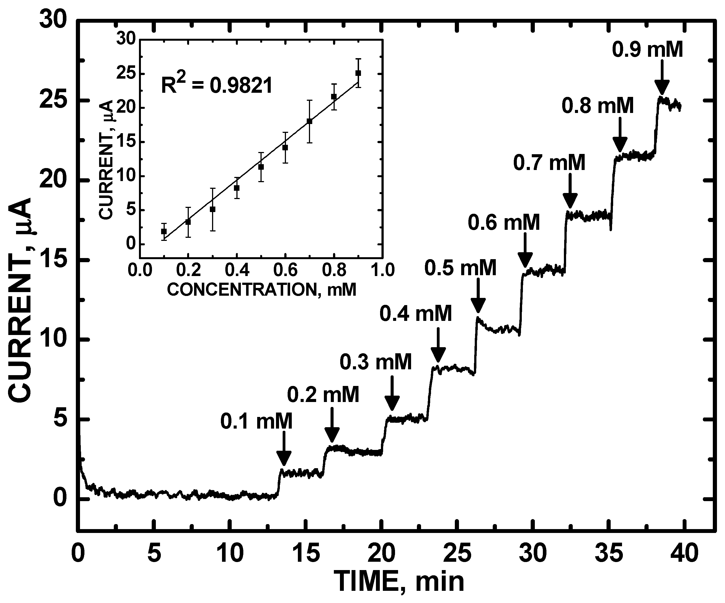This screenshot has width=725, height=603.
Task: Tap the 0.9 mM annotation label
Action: click(648, 49)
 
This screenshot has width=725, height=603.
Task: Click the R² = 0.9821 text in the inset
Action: click(217, 85)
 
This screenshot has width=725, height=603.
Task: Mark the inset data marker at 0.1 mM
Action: click(164, 231)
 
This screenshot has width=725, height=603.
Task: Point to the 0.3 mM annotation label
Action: click(376, 362)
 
